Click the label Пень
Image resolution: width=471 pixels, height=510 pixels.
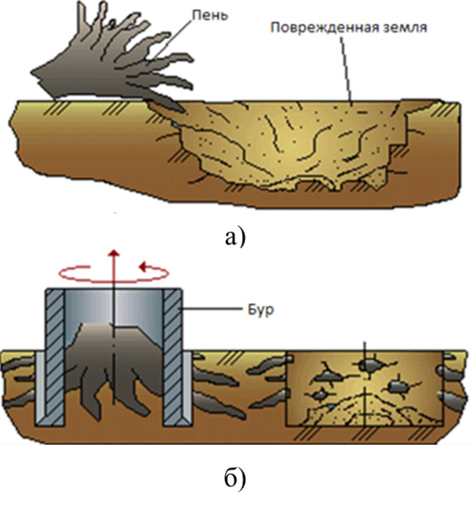(x=210, y=15)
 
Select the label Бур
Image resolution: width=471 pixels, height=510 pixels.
(x=261, y=310)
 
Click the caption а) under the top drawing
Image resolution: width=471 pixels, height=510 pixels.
(x=235, y=237)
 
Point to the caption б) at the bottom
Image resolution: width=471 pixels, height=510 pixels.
(x=235, y=478)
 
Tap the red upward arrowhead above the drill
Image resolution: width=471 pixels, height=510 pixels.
(x=114, y=253)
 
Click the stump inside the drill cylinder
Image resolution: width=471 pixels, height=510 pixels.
(x=114, y=368)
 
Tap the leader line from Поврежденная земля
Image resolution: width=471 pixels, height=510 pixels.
(x=345, y=68)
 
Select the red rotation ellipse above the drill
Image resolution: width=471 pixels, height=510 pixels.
(x=114, y=280)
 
